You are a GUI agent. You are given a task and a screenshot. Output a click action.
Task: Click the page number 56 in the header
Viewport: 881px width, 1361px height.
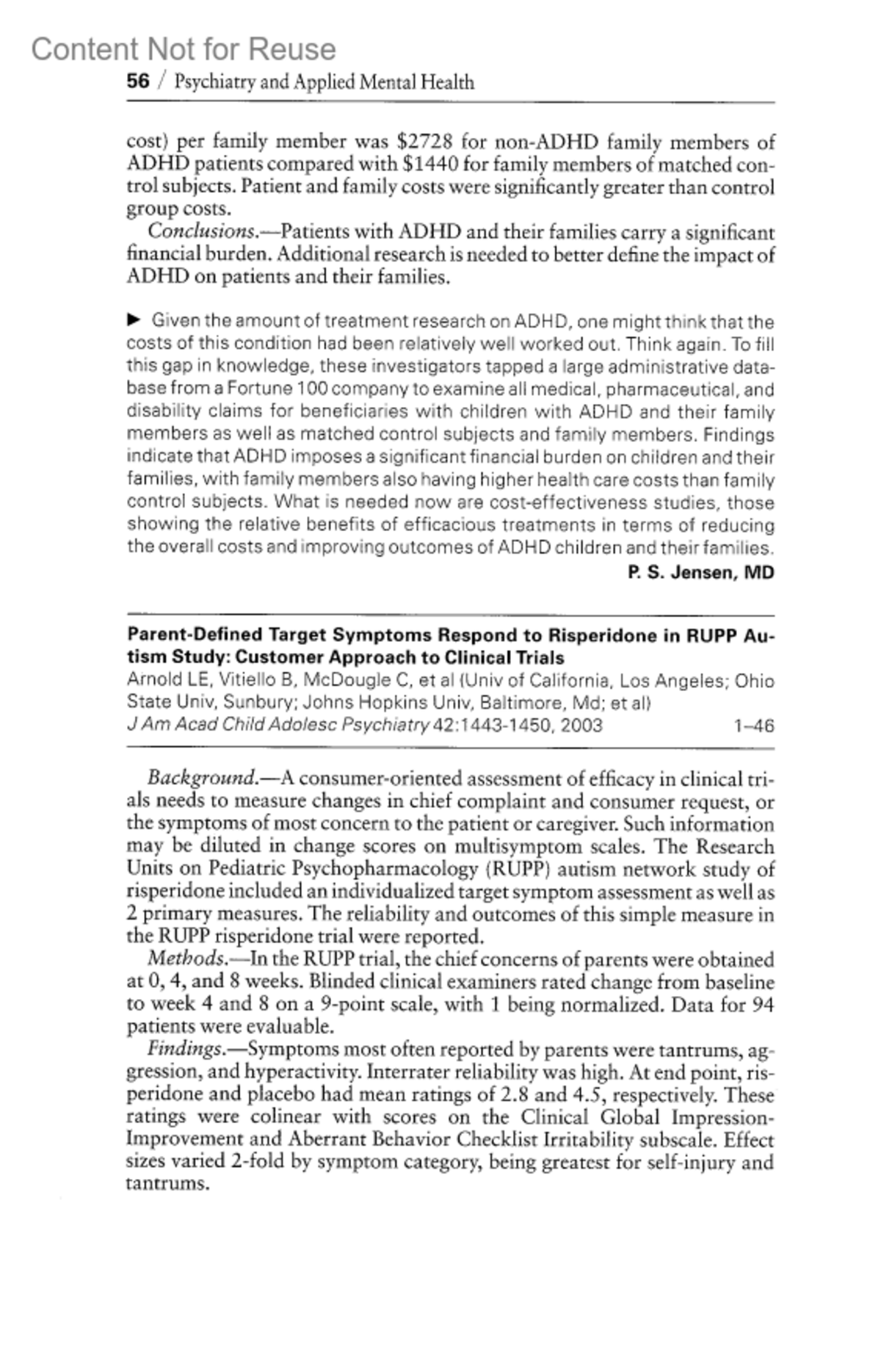click(x=137, y=81)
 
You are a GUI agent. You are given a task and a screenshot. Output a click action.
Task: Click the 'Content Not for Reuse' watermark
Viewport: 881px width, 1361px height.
click(x=184, y=49)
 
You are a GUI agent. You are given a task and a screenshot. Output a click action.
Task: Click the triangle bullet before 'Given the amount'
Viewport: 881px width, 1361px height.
click(x=134, y=320)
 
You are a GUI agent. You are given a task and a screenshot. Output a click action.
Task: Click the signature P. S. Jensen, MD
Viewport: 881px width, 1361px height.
click(x=701, y=572)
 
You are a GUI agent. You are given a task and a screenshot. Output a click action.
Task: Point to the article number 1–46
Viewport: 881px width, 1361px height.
click(x=754, y=726)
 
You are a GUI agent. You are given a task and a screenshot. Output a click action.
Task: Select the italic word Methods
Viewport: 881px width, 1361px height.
click(x=187, y=959)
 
